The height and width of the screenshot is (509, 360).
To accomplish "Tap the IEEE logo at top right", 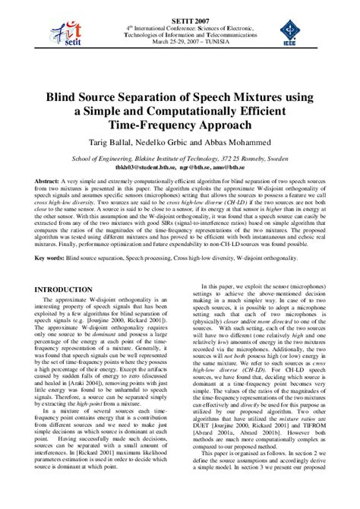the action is (x=289, y=33).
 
